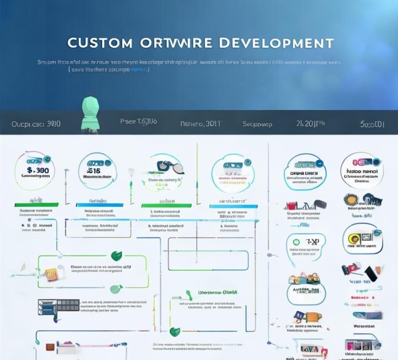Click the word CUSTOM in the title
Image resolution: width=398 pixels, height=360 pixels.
pos(100,43)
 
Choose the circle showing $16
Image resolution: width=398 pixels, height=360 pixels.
pos(97,170)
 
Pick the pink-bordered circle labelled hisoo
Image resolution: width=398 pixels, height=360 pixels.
pos(362,171)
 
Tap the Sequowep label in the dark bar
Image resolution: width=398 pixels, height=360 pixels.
pos(257,124)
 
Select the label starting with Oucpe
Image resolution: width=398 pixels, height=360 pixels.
pos(36,124)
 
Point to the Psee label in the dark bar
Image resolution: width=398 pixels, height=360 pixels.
pos(138,122)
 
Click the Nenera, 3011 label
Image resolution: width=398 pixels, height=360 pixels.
pos(201,124)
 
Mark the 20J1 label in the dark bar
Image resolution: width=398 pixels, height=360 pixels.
pos(310,123)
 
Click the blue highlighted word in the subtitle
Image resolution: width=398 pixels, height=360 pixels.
pos(139,69)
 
